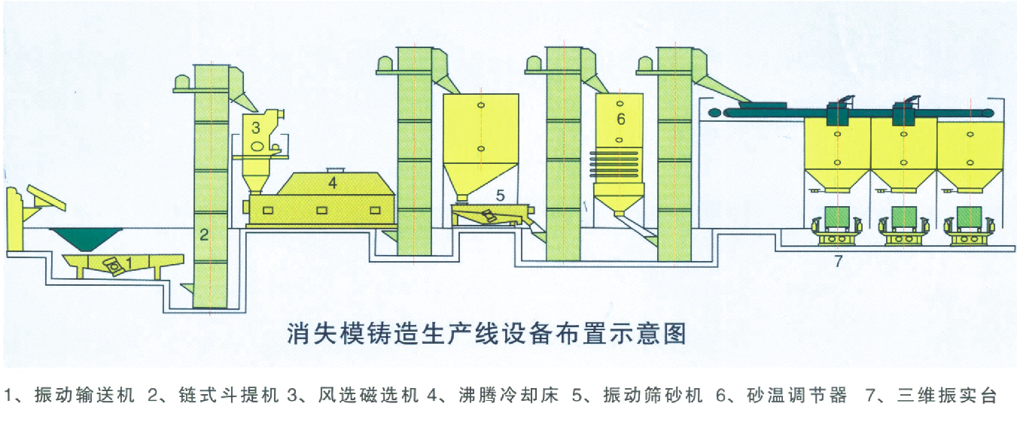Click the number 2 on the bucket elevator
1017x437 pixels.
pyautogui.click(x=203, y=235)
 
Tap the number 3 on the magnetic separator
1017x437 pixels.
pyautogui.click(x=256, y=126)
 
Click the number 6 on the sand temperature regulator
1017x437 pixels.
pyautogui.click(x=620, y=119)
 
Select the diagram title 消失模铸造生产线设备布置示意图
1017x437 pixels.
pyautogui.click(x=487, y=332)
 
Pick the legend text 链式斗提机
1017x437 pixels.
pyautogui.click(x=229, y=396)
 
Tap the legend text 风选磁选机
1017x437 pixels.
pyautogui.click(x=367, y=396)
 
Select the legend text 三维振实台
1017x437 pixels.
pyautogui.click(x=948, y=396)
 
